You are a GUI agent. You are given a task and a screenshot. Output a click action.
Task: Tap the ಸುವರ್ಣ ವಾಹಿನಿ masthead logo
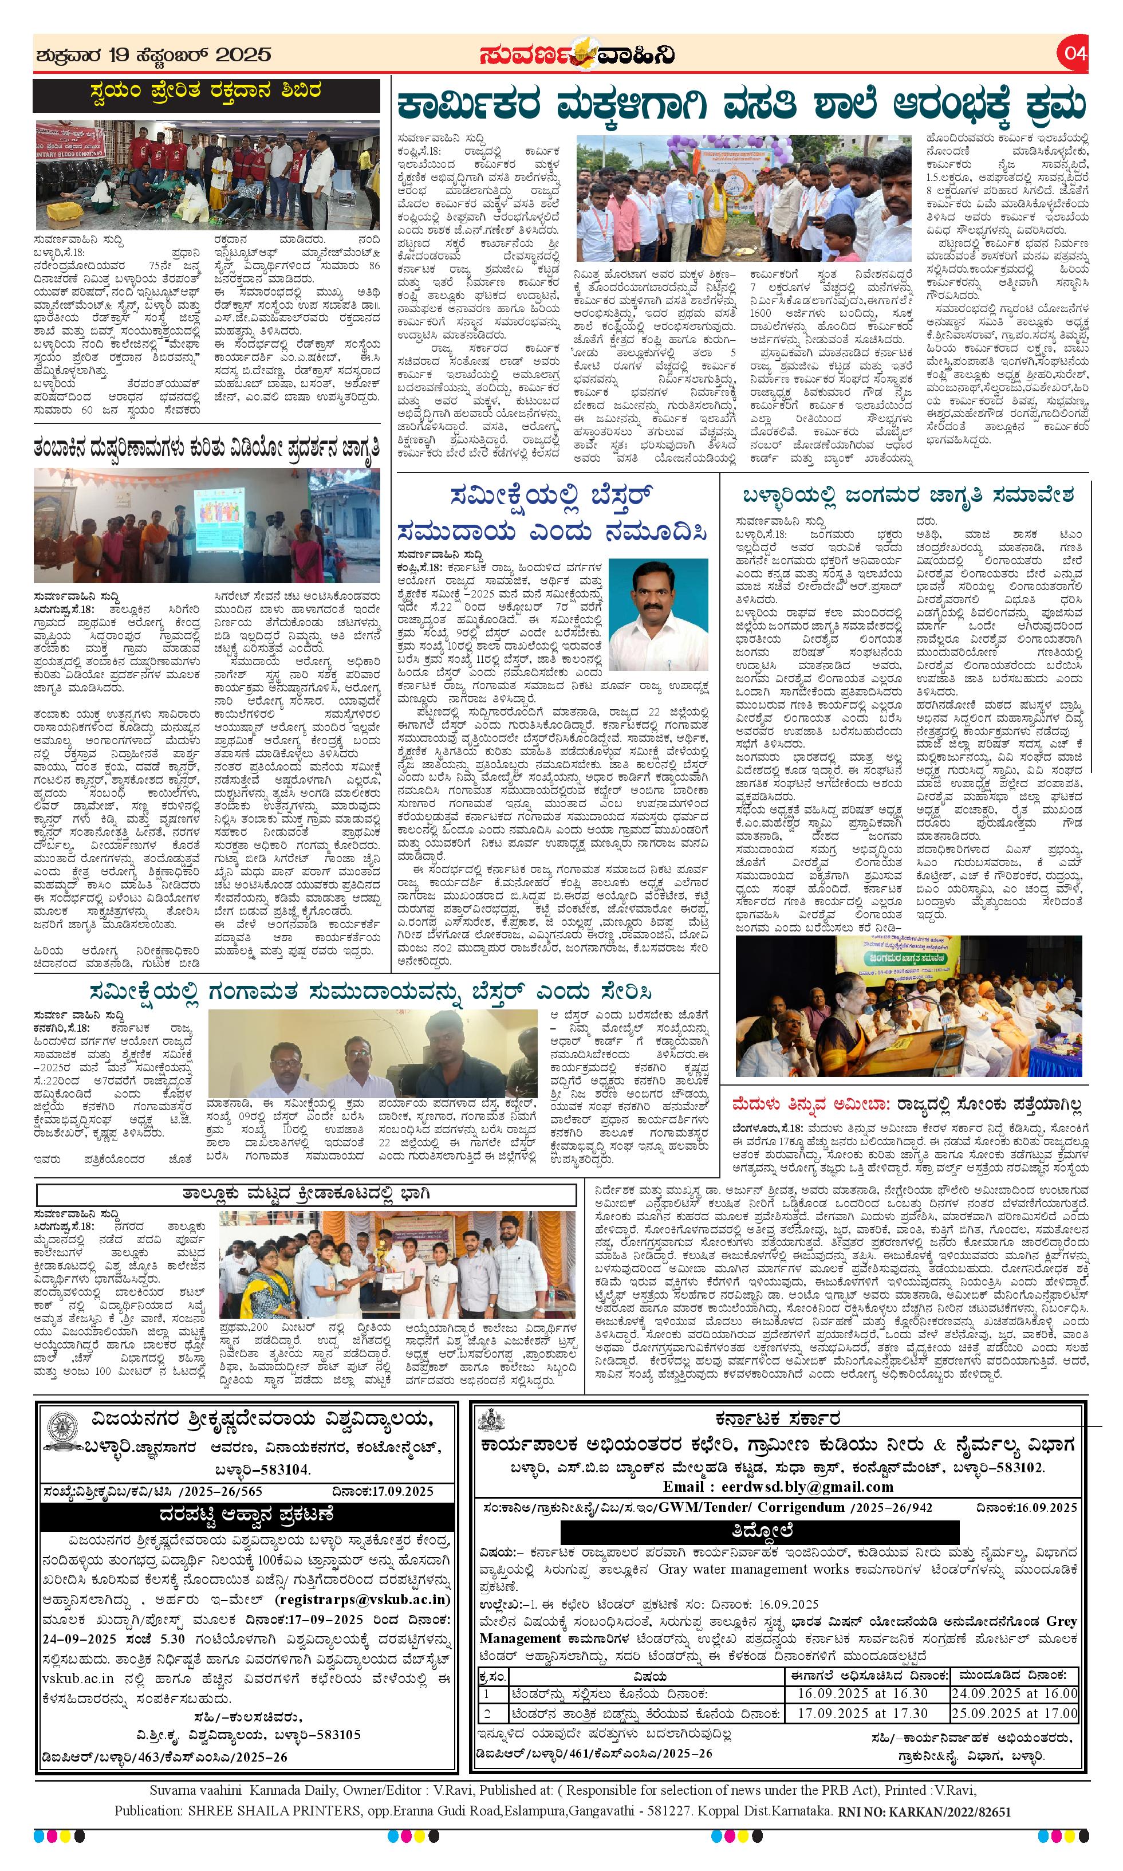(x=576, y=54)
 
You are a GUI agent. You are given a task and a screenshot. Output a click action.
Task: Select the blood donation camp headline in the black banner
(x=206, y=92)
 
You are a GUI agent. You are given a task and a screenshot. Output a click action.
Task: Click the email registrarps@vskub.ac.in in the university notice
(x=364, y=1599)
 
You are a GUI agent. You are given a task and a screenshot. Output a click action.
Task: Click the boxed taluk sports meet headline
(x=306, y=1194)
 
